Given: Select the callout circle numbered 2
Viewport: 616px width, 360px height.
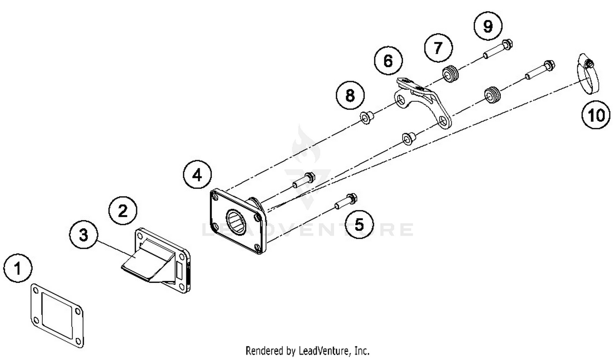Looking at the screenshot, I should pyautogui.click(x=123, y=211).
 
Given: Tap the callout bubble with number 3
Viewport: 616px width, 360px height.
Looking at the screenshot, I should pyautogui.click(x=83, y=235).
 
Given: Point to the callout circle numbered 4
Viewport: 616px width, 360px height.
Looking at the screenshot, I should pyautogui.click(x=197, y=175).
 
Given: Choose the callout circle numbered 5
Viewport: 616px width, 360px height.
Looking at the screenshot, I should pyautogui.click(x=359, y=224).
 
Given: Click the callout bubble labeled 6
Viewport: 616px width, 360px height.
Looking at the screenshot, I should pyautogui.click(x=388, y=61).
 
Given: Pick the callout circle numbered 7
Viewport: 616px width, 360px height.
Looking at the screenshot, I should pyautogui.click(x=438, y=48).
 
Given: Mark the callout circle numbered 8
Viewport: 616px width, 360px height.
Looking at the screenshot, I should pyautogui.click(x=350, y=95).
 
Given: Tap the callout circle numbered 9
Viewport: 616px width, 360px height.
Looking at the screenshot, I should pyautogui.click(x=488, y=26).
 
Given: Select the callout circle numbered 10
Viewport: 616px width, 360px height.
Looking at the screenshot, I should pyautogui.click(x=596, y=115).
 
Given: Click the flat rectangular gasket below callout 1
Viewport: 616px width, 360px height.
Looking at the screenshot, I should pyautogui.click(x=57, y=315).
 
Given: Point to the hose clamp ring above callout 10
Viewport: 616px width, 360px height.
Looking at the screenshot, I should pyautogui.click(x=586, y=74).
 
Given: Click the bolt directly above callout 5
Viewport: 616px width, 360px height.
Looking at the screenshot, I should pyautogui.click(x=346, y=201).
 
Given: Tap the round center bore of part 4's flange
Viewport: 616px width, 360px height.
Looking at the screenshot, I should pyautogui.click(x=236, y=223).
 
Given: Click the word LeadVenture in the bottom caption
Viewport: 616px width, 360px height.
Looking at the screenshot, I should pyautogui.click(x=325, y=351).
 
